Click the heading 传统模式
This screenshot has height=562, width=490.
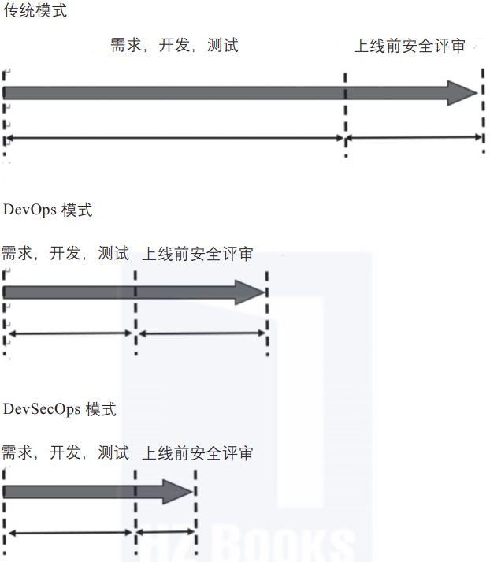pos(35,12)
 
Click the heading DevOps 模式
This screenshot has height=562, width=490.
pos(47,210)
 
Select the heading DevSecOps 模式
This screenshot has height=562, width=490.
pos(59,409)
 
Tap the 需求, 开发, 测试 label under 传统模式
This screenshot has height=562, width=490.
pos(174,46)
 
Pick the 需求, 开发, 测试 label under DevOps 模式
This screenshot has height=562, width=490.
pos(65,254)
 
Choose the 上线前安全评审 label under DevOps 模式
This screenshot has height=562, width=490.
pos(197,254)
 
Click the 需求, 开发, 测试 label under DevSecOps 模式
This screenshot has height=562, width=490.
pos(65,453)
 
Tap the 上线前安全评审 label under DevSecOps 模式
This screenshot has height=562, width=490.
pos(197,453)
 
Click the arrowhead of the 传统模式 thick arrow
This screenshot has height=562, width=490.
pos(463,92)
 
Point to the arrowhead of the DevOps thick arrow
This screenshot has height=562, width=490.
pos(254,293)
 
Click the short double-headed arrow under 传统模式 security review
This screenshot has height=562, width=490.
pos(414,138)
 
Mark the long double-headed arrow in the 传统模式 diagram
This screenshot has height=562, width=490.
pos(175,139)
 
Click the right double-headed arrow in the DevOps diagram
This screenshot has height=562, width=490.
pos(202,333)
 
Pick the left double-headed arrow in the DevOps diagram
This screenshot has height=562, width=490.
pos(69,333)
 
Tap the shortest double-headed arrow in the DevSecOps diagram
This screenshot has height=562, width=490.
pos(165,533)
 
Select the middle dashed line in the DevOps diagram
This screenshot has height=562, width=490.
pos(136,311)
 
